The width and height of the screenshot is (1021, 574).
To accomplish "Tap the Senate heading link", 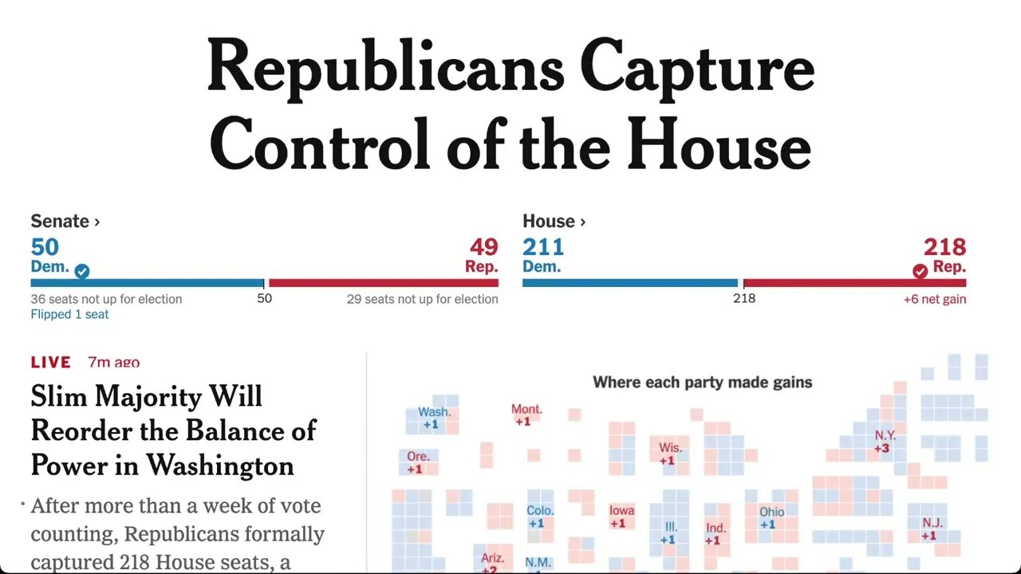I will point(65,222).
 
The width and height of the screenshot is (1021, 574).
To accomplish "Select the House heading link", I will point(554,222).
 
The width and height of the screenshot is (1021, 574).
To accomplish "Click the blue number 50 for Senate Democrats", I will point(45,247).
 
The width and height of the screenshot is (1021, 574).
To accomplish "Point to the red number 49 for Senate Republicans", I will point(483,247).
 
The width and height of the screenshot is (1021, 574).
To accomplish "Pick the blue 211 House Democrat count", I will point(543,247).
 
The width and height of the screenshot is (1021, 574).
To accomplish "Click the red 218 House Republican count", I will point(944,247).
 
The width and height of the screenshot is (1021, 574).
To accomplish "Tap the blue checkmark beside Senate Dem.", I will point(82,271).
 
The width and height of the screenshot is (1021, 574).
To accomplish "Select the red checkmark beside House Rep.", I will point(920,271).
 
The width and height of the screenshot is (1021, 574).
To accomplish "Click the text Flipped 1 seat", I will point(69,314).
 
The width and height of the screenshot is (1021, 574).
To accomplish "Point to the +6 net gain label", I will point(934,299).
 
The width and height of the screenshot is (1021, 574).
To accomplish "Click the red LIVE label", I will point(51,362).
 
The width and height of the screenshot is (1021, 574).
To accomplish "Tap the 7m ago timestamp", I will point(113,362).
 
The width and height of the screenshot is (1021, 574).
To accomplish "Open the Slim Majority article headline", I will point(173,431).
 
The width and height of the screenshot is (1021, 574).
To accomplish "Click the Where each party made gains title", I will point(702,383).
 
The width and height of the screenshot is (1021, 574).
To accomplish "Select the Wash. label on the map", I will point(434,412).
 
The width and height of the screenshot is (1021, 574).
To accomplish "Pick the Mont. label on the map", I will point(526,409).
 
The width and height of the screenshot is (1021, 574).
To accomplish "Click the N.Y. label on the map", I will point(885,435).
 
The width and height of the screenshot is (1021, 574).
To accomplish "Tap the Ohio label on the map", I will point(771,512).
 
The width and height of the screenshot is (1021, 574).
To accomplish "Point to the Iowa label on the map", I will point(621,511).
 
